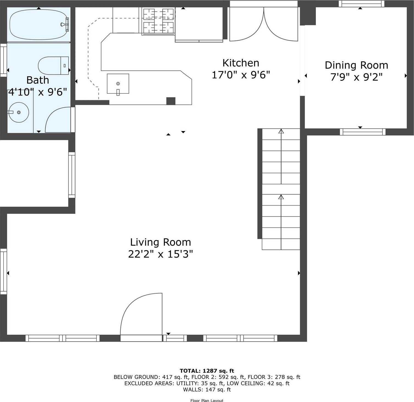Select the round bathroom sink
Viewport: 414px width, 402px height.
tap(19, 112)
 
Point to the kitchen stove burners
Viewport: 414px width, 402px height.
tap(158, 21)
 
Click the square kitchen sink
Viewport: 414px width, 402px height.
tap(118, 84)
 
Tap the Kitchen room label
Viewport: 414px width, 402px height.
tap(241, 63)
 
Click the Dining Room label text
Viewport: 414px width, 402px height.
tap(356, 65)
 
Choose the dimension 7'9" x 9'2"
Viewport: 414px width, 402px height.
tap(356, 77)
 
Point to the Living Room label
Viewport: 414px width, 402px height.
tap(160, 242)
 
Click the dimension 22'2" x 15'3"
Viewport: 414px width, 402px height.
tap(160, 254)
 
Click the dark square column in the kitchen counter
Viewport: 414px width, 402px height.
tap(171, 101)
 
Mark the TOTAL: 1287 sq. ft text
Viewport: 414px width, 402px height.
tap(207, 371)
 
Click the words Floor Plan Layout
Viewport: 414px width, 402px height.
tap(207, 400)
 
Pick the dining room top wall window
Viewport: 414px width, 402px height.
tap(361, 4)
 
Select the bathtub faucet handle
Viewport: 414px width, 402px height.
tap(65, 24)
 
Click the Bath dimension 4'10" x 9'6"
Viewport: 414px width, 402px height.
tap(38, 92)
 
